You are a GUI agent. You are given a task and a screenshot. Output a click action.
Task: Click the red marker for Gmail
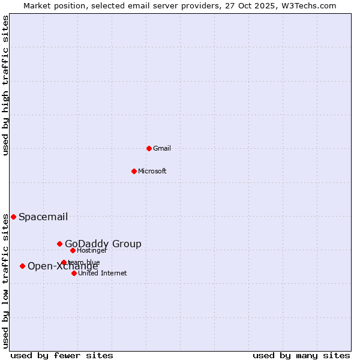pyautogui.click(x=149, y=148)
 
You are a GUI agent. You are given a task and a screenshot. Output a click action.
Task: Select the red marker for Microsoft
pyautogui.click(x=134, y=171)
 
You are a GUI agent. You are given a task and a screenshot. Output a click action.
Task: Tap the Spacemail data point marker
pyautogui.click(x=13, y=217)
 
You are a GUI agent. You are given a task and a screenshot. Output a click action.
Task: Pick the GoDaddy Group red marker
pyautogui.click(x=59, y=244)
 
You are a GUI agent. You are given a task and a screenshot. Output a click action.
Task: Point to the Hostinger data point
pyautogui.click(x=73, y=250)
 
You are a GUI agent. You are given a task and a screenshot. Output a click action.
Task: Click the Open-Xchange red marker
pyautogui.click(x=22, y=266)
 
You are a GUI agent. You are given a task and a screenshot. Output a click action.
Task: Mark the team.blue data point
pyautogui.click(x=64, y=262)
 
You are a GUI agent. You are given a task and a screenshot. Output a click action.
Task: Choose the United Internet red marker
pyautogui.click(x=74, y=273)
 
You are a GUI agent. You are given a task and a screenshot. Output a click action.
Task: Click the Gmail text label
pyautogui.click(x=162, y=148)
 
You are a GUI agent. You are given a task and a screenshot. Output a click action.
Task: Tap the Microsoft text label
pyautogui.click(x=152, y=171)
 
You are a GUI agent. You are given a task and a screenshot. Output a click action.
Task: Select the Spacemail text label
pyautogui.click(x=43, y=217)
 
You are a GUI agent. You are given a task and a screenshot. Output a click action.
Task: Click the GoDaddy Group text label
pyautogui.click(x=103, y=244)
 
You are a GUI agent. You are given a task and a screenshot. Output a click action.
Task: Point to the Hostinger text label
pyautogui.click(x=92, y=250)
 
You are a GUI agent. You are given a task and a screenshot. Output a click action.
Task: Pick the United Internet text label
pyautogui.click(x=103, y=273)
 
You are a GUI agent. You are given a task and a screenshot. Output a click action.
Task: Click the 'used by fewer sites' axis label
pyautogui.click(x=62, y=355)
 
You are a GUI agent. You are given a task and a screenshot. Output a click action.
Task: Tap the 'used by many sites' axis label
pyautogui.click(x=301, y=355)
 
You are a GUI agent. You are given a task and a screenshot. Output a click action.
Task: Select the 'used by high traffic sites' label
pyautogui.click(x=5, y=85)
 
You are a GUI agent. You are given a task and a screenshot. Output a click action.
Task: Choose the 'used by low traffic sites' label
pyautogui.click(x=5, y=280)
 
